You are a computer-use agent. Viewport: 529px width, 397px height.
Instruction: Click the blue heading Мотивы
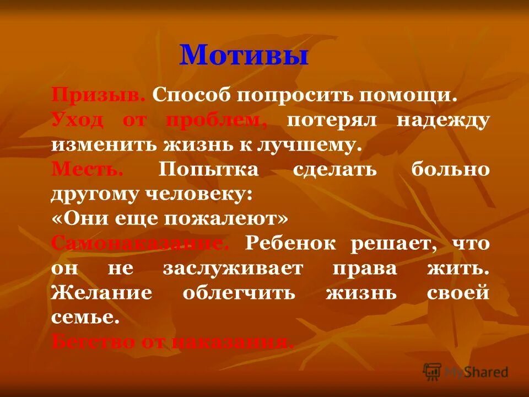tap(243, 55)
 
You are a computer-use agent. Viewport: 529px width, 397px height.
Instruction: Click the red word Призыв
tap(99, 94)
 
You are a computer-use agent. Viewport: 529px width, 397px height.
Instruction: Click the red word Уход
tap(77, 120)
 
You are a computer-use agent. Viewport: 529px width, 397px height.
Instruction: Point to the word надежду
tap(443, 121)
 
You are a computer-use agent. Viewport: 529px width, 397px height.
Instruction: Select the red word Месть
tap(87, 169)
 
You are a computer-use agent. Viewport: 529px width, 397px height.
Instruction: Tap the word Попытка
tap(208, 170)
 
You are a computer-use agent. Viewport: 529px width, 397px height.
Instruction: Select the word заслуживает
tap(233, 269)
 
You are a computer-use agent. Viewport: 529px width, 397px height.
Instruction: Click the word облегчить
tap(239, 293)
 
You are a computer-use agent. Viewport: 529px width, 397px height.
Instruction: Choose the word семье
tap(85, 318)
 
